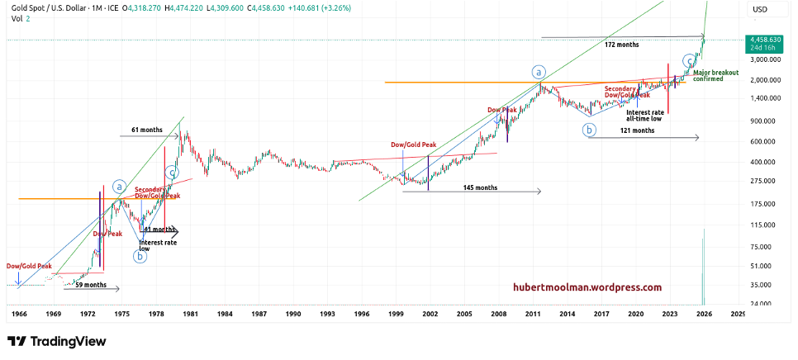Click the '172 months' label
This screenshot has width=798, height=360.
pyautogui.click(x=621, y=45)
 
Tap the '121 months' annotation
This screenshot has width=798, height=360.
pyautogui.click(x=637, y=130)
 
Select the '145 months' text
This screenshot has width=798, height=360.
pyautogui.click(x=481, y=188)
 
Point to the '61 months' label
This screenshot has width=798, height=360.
pyautogui.click(x=146, y=130)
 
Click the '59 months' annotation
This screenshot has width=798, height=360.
pyautogui.click(x=91, y=285)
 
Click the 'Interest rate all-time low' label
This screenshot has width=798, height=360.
pyautogui.click(x=644, y=115)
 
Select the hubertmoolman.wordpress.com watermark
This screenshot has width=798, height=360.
pyautogui.click(x=587, y=287)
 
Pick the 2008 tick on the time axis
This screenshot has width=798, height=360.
pyautogui.click(x=497, y=315)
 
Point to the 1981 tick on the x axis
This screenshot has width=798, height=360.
pyautogui.click(x=190, y=315)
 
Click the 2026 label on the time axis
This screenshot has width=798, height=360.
pyautogui.click(x=703, y=315)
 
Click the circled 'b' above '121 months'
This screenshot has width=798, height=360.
pyautogui.click(x=589, y=130)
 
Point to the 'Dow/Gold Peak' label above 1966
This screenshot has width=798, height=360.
pyautogui.click(x=30, y=267)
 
